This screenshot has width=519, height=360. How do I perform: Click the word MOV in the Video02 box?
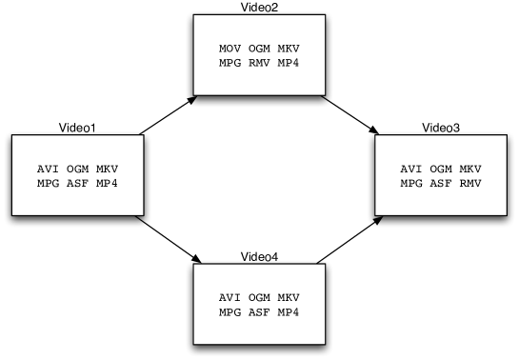[x=230, y=49]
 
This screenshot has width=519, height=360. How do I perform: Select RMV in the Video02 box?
[x=259, y=64]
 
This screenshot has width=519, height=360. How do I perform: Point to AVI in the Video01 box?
[x=48, y=169]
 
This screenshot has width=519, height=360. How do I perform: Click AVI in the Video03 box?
[x=410, y=169]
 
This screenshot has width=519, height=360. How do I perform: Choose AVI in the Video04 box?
[x=230, y=297]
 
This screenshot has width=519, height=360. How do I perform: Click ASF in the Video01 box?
[x=77, y=183]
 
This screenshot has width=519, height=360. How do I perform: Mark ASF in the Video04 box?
[x=259, y=312]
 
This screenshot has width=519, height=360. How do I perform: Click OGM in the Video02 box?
[x=259, y=49]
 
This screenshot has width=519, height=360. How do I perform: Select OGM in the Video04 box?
[x=259, y=297]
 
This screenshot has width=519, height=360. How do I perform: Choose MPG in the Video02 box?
[x=230, y=64]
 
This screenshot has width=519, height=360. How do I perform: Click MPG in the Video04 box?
[x=230, y=312]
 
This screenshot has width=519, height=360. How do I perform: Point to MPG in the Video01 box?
[x=48, y=183]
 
